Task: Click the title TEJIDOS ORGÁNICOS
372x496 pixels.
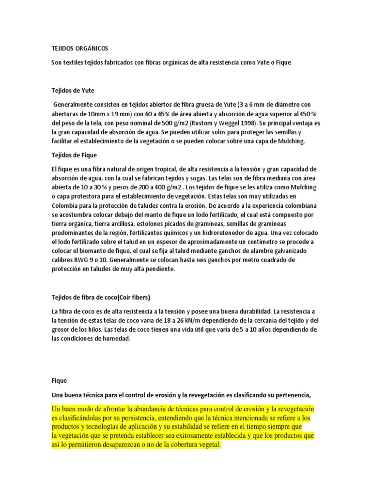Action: coord(80,49)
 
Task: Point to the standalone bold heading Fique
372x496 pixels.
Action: coord(60,381)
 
